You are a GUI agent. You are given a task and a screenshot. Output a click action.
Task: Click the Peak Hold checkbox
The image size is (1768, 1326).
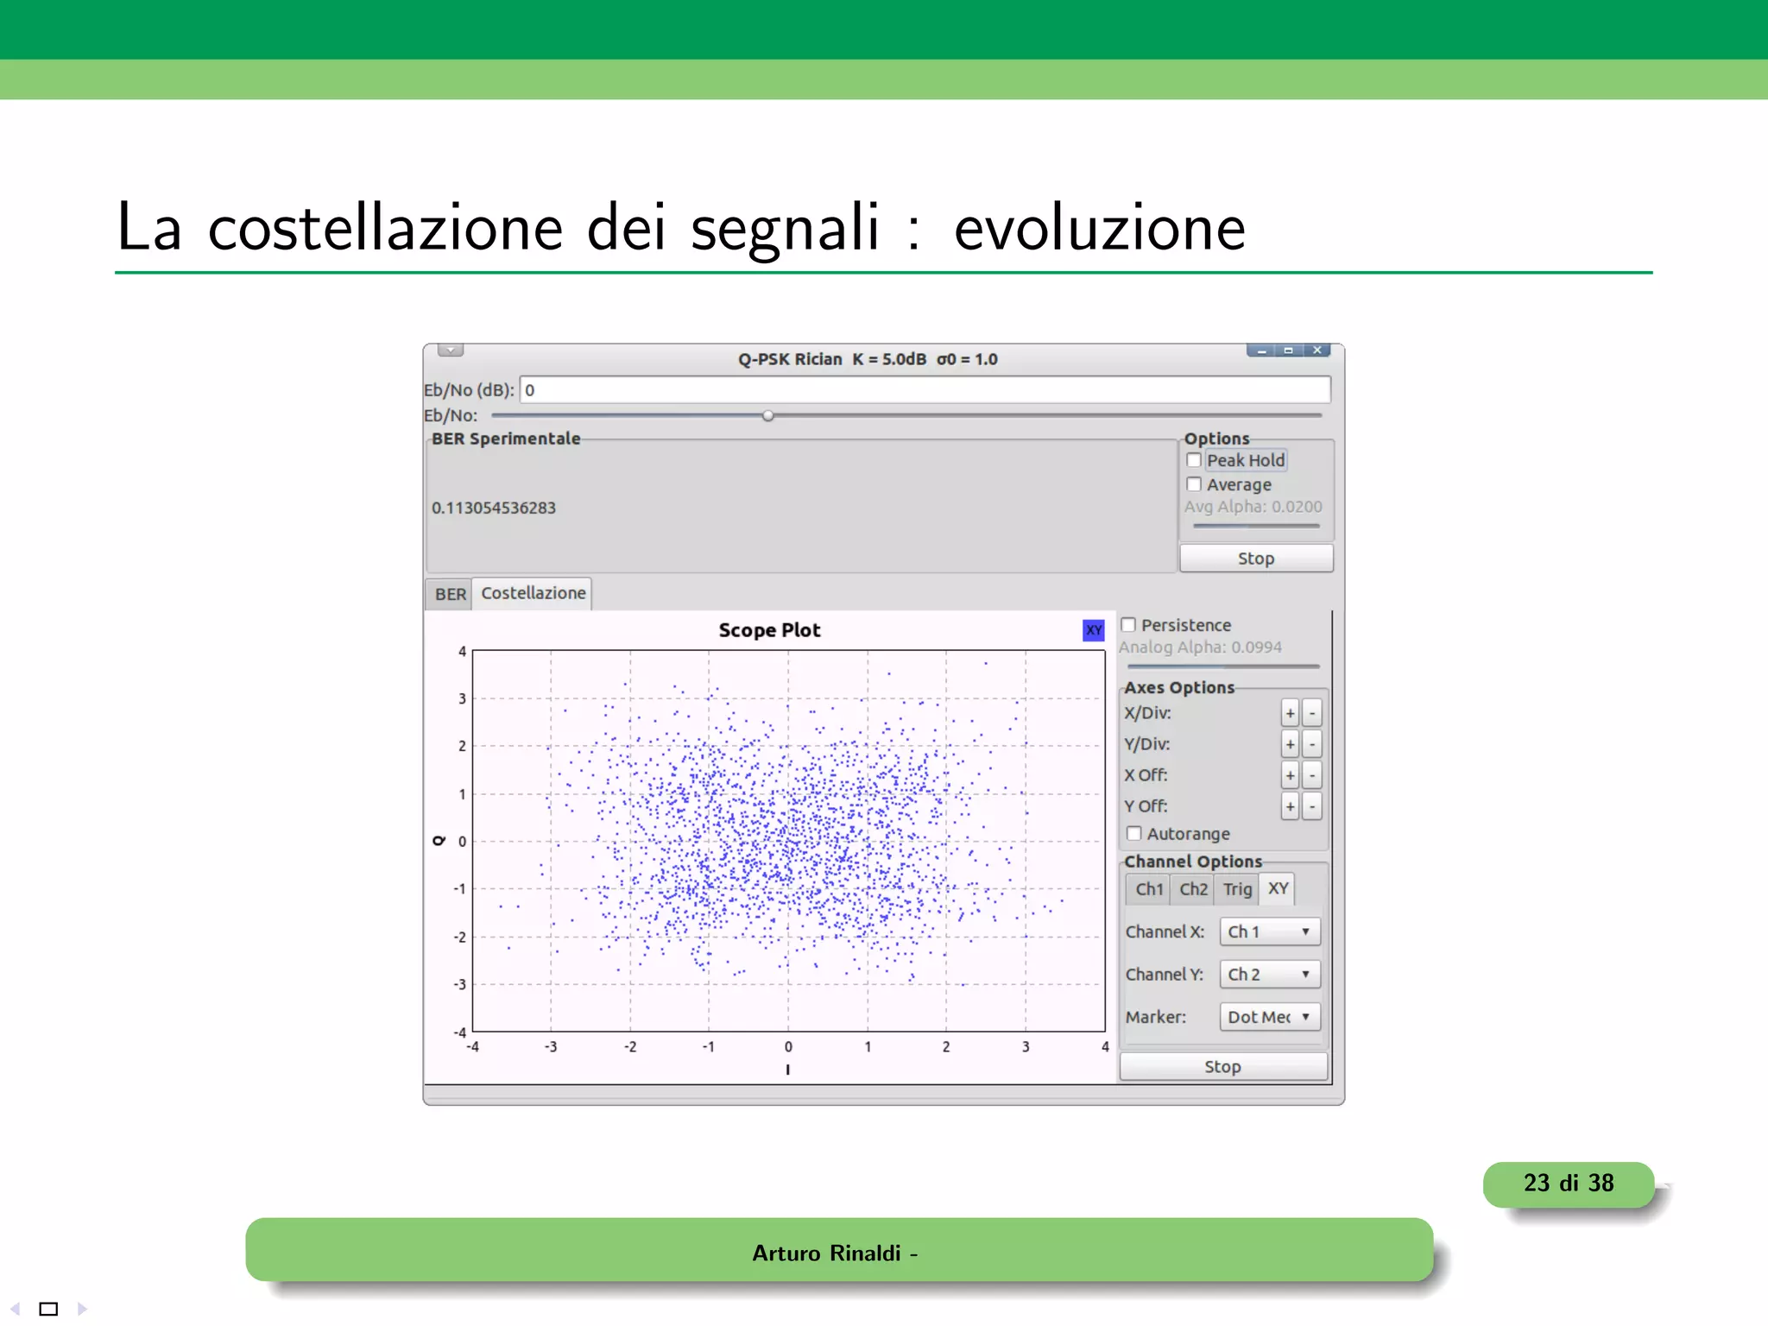pos(1194,460)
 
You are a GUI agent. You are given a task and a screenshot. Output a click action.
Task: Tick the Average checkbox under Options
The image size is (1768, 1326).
pos(1194,484)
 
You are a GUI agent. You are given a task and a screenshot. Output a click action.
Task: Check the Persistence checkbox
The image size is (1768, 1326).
pos(1128,624)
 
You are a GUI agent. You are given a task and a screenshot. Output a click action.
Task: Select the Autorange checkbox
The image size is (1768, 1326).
pos(1134,833)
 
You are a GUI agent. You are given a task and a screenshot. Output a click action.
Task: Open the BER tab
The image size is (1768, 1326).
pos(450,594)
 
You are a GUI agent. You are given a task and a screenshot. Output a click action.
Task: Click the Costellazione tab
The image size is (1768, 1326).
pos(533,593)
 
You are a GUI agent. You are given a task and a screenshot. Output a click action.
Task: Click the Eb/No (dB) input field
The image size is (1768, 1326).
pos(924,389)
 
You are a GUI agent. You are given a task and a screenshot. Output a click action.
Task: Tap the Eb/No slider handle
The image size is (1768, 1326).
pos(767,415)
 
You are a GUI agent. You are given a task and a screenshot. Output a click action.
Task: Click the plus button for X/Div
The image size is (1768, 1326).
pos(1290,713)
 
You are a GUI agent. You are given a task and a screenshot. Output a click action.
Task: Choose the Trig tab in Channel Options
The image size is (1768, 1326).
pos(1236,888)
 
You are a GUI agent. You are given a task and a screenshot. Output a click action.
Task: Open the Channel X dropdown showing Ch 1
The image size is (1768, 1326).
pos(1269,931)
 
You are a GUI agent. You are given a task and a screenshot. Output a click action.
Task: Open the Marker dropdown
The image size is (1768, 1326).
pos(1269,1017)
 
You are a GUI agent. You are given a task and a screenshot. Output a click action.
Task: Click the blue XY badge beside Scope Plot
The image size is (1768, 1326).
pos(1093,630)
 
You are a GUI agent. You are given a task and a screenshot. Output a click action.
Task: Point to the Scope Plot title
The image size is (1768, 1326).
pos(769,630)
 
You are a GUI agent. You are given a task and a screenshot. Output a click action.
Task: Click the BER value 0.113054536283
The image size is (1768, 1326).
pos(494,508)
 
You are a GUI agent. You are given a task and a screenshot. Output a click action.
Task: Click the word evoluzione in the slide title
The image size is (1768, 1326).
pos(1099,227)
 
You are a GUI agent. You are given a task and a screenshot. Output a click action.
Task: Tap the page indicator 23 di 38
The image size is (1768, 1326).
pos(1568,1183)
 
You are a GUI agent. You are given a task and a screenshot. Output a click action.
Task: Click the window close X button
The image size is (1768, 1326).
pos(1317,350)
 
